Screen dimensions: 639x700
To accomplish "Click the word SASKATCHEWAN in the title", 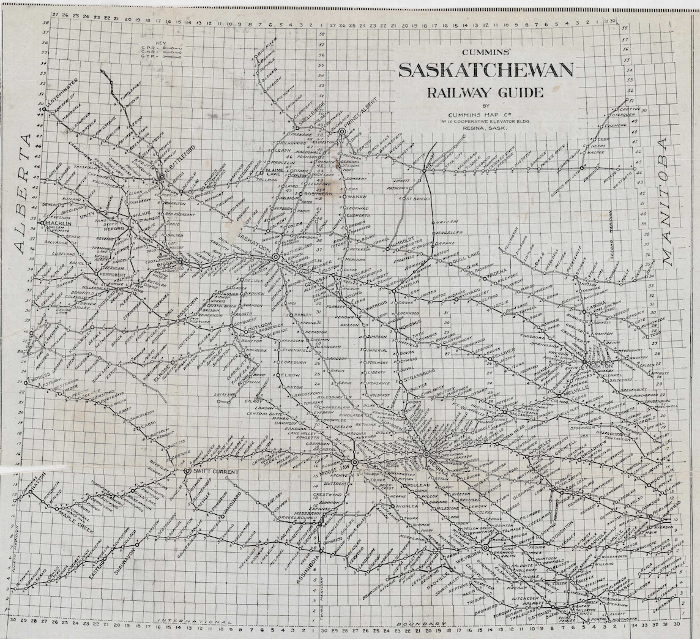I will [x=486, y=71].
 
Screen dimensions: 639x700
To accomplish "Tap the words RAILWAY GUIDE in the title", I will [x=486, y=93].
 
